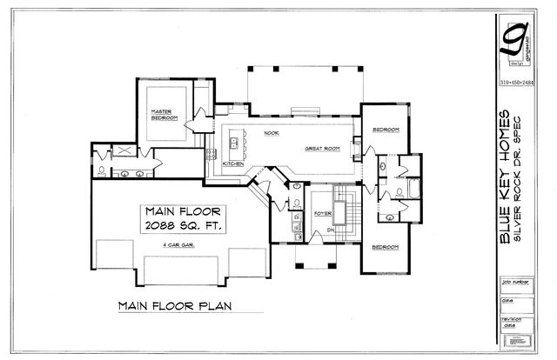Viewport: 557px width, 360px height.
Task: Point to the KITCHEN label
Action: click(x=232, y=163)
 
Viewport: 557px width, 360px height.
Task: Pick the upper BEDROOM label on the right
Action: click(x=386, y=130)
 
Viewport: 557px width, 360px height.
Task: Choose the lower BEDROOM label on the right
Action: click(x=386, y=247)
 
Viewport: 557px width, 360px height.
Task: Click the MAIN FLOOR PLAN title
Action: click(x=178, y=306)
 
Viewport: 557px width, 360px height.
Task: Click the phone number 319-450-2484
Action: click(x=520, y=83)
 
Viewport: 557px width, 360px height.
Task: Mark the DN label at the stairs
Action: click(x=330, y=231)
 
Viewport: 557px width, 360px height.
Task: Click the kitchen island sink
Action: click(x=236, y=142)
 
